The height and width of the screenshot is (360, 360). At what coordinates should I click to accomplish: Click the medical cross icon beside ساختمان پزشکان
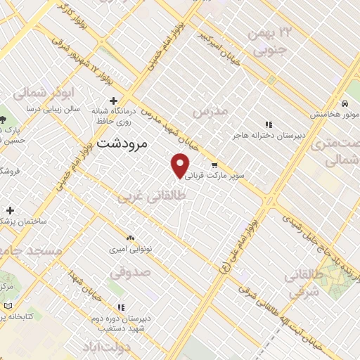(x=10, y=210)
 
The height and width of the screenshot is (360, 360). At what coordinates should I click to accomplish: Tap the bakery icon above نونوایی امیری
(x=130, y=238)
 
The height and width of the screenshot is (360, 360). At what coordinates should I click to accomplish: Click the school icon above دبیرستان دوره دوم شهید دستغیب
(x=122, y=307)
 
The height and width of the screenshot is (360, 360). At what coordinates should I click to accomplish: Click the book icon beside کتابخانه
(x=8, y=307)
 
